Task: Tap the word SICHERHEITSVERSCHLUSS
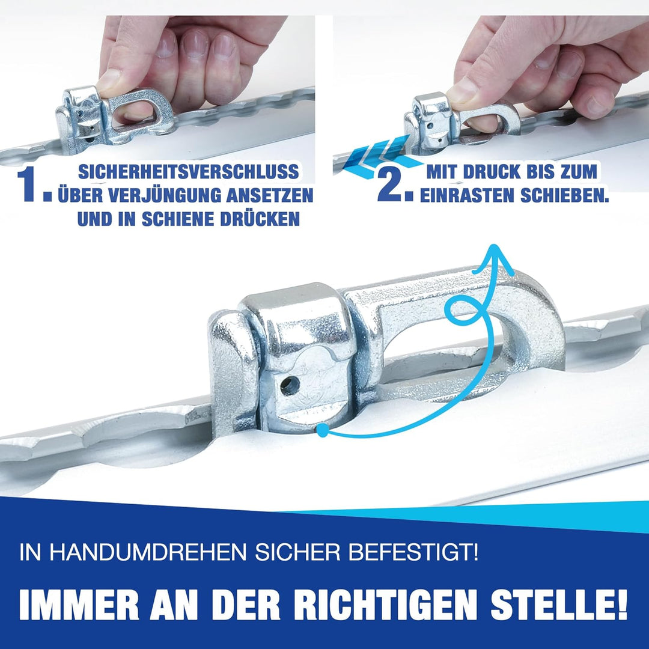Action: coord(188,172)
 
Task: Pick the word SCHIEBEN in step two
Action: coord(564,196)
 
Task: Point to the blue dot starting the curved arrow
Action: coord(322,430)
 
